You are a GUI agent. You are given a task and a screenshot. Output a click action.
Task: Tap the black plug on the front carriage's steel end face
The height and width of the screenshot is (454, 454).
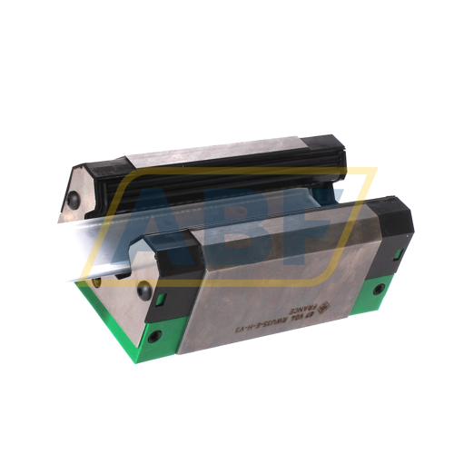click(143, 291)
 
